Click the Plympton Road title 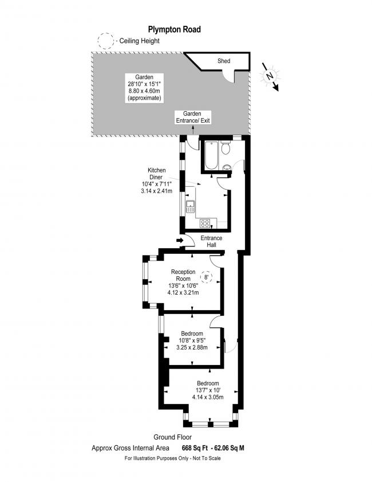[x=175, y=29]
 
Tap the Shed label [x=224, y=61]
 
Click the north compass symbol [x=270, y=77]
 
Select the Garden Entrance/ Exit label [x=193, y=117]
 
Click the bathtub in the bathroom [x=212, y=155]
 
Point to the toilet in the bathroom [x=226, y=148]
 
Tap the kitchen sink [x=190, y=206]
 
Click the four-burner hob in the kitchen [x=205, y=223]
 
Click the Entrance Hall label [x=212, y=241]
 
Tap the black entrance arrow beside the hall [x=180, y=240]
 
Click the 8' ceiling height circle [x=206, y=277]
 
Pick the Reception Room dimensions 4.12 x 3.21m [x=183, y=292]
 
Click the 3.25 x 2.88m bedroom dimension [x=192, y=347]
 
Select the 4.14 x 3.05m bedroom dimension [x=208, y=397]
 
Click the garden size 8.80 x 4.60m [x=144, y=91]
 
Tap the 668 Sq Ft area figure [x=195, y=448]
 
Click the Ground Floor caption [x=172, y=437]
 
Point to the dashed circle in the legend [x=105, y=41]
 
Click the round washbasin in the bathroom [x=227, y=167]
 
